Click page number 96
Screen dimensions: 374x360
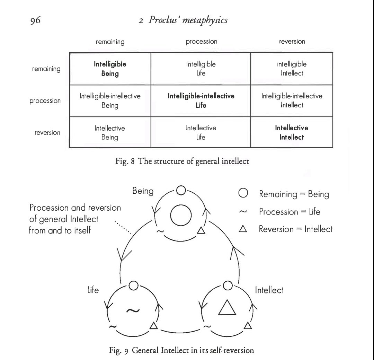click(x=35, y=20)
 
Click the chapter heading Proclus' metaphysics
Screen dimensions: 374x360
click(x=188, y=20)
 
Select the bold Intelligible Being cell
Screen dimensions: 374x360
click(x=110, y=69)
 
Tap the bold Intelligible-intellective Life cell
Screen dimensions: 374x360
click(x=201, y=100)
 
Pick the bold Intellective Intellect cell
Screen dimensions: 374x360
click(x=292, y=132)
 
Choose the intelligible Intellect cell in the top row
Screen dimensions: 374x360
click(x=292, y=69)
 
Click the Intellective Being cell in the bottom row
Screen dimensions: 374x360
click(x=110, y=133)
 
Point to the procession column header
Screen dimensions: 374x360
click(x=202, y=42)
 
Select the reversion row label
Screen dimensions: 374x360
click(x=47, y=132)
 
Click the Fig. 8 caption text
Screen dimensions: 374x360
click(x=182, y=161)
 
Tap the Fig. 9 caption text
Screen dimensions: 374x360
click(x=181, y=350)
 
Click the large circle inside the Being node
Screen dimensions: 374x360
click(x=181, y=215)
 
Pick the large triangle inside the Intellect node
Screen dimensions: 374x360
click(x=227, y=307)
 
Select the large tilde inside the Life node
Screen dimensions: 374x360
click(x=133, y=310)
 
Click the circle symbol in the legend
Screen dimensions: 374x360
click(x=243, y=193)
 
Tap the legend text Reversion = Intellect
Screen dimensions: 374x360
click(x=296, y=229)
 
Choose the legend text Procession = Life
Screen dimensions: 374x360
click(x=290, y=212)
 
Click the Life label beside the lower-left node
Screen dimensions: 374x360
click(x=93, y=290)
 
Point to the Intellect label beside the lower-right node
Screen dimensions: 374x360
click(x=269, y=290)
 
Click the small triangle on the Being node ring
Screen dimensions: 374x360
click(x=201, y=230)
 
